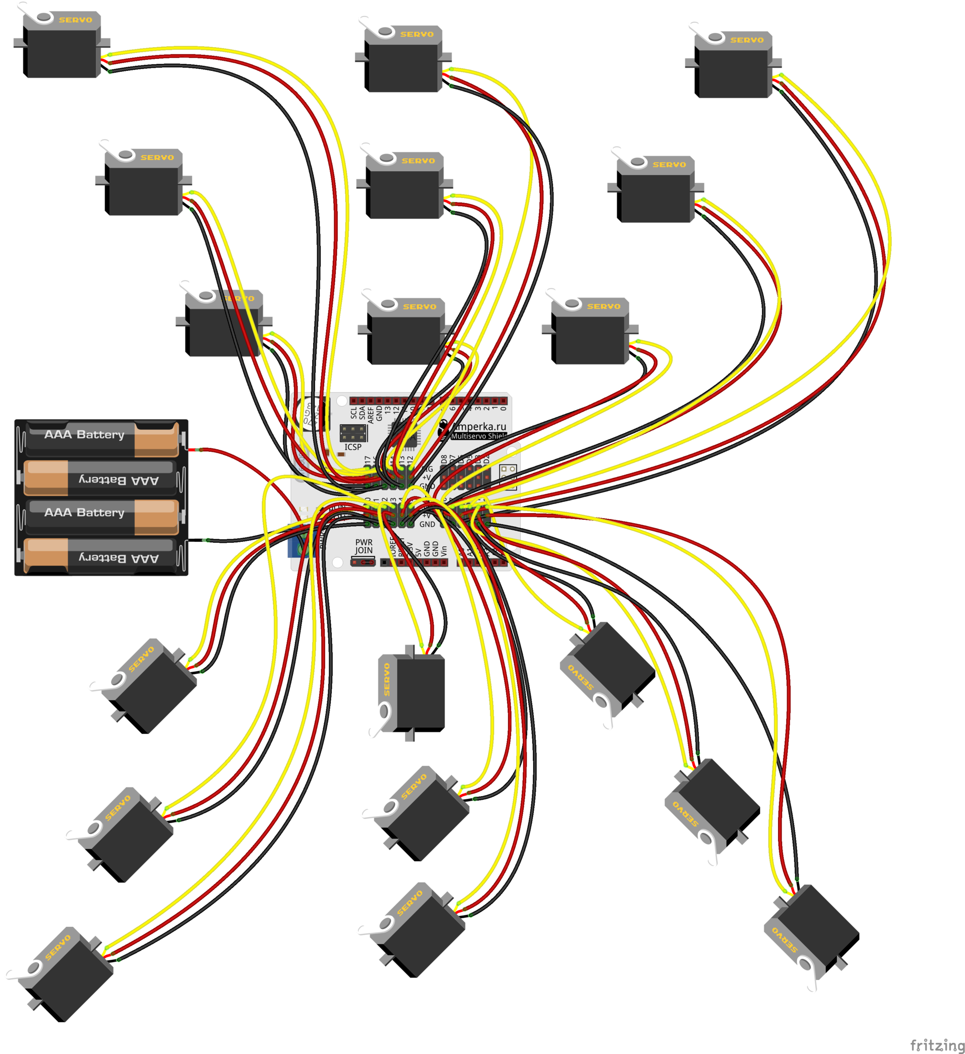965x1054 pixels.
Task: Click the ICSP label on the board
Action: coord(352,447)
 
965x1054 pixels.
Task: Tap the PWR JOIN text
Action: coord(364,546)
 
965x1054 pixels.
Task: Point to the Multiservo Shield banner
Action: coord(478,436)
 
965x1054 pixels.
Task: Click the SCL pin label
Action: coord(354,413)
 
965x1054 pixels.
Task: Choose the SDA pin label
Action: coord(362,413)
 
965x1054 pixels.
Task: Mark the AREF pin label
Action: coord(370,414)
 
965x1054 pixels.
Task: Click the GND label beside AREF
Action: coord(379,413)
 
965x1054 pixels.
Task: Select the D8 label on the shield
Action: coord(444,460)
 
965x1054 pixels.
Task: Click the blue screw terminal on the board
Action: coord(295,547)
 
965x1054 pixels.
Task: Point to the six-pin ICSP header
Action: coord(353,433)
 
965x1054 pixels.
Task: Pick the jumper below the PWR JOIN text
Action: coord(363,562)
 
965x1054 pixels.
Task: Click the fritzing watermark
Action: coord(937,1044)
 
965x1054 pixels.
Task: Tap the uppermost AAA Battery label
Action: coord(84,434)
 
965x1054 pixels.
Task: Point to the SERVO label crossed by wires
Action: coord(238,299)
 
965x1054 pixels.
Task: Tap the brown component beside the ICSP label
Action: coord(341,454)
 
